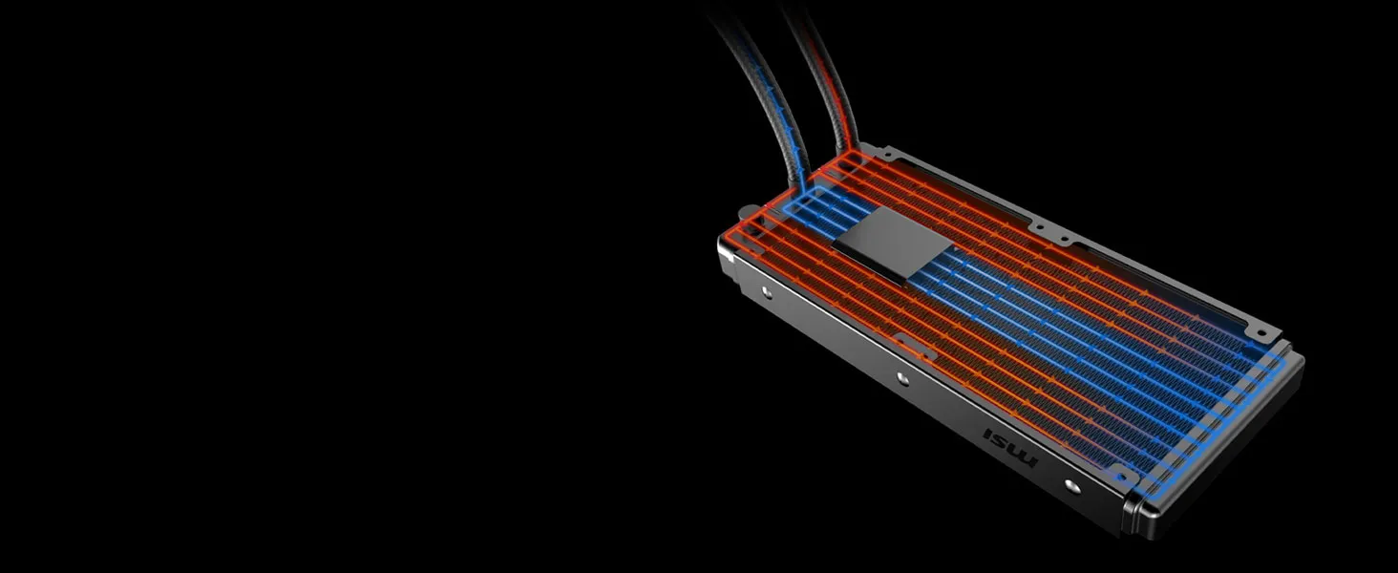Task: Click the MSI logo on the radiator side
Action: coord(1010,447)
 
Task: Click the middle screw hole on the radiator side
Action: coord(901,377)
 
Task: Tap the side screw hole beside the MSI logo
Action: coord(1071,485)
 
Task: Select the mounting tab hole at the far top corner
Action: coord(1260,333)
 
